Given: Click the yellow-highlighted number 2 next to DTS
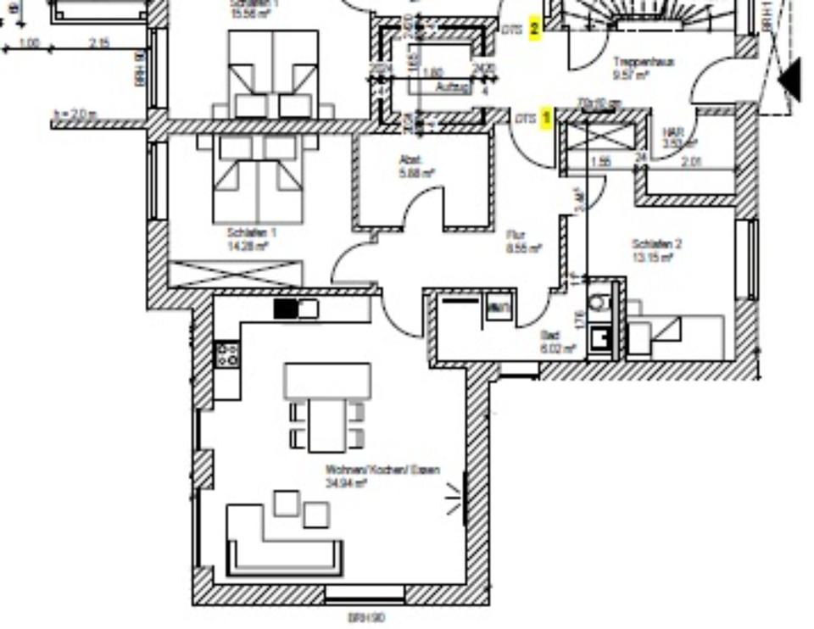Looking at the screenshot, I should coord(535,29).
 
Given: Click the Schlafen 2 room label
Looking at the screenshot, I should coord(656,244).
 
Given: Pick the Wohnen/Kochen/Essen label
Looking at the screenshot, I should coord(382,470).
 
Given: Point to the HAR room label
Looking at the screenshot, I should coord(673,132).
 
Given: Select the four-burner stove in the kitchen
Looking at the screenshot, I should coord(226,353).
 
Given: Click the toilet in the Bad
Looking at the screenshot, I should coord(599,300).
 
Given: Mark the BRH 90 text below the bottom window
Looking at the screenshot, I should coord(366,618).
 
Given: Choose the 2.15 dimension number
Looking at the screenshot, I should coord(98,42).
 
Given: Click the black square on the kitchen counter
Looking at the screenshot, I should coord(286,309).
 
